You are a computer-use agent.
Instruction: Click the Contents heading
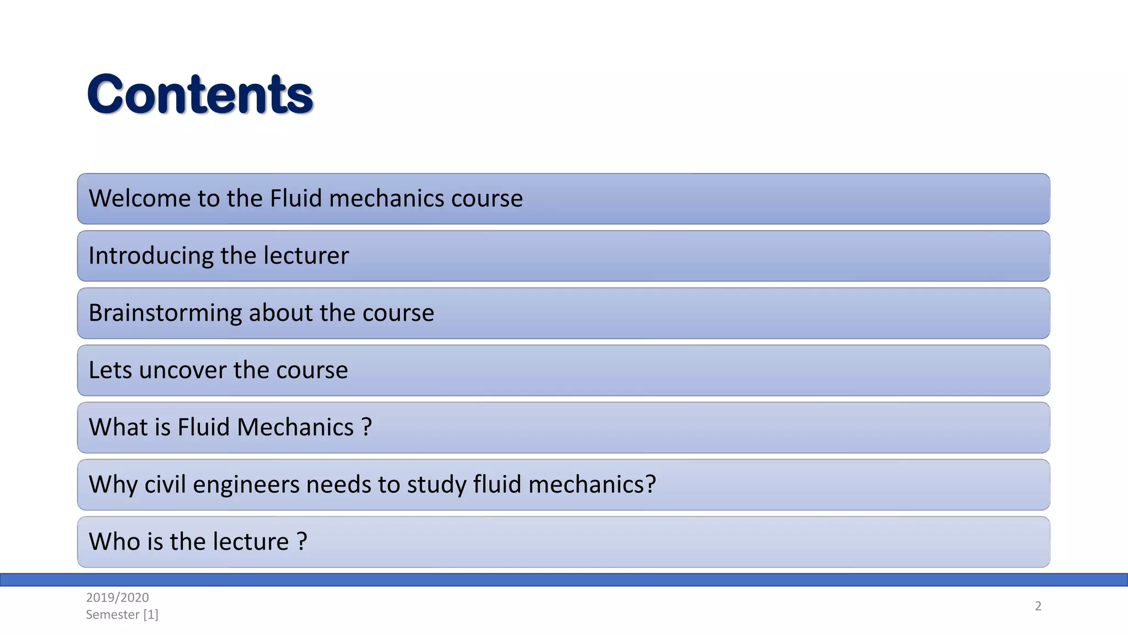click(200, 94)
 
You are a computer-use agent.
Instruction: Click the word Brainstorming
click(165, 313)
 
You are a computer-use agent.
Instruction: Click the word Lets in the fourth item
click(110, 370)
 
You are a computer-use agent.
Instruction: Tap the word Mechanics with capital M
click(295, 427)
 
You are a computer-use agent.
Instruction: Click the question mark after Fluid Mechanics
click(367, 427)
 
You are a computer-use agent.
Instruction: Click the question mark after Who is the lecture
click(302, 541)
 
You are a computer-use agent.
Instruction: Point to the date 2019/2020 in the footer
click(117, 597)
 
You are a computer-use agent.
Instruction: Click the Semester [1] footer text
click(122, 615)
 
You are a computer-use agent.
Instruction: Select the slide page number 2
click(1038, 606)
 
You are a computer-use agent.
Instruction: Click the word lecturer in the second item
click(306, 256)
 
